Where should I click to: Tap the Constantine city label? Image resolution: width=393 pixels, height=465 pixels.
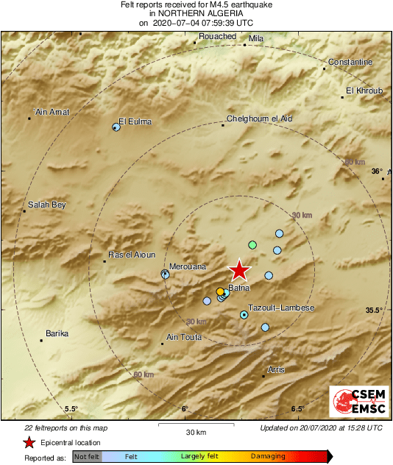click(350, 62)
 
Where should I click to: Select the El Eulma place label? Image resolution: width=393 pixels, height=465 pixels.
click(135, 121)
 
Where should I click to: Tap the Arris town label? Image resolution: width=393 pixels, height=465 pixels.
click(276, 369)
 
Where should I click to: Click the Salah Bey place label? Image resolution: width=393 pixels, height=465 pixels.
click(47, 205)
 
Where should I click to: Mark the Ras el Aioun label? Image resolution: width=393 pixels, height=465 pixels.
click(132, 255)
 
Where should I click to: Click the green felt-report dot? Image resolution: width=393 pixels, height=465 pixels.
click(252, 244)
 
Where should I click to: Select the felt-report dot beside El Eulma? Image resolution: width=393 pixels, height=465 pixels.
click(116, 127)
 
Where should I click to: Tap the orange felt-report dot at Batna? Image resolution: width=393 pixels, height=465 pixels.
click(220, 292)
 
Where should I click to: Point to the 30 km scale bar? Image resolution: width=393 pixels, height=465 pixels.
click(195, 425)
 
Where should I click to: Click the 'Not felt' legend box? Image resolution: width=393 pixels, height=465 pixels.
click(86, 456)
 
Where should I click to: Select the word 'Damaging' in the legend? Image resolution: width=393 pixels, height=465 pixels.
click(268, 456)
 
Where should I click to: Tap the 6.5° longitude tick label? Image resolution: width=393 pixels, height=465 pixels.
click(297, 409)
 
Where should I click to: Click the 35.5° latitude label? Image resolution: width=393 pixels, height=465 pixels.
click(374, 310)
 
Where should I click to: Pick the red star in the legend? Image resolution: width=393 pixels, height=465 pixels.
click(29, 442)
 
